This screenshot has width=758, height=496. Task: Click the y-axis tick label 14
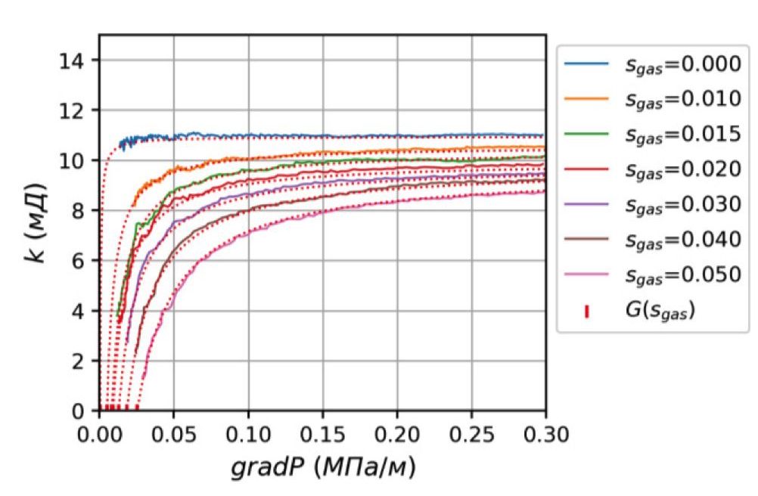(75, 60)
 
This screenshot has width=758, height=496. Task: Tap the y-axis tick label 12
(75, 110)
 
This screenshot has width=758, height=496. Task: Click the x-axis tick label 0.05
(173, 436)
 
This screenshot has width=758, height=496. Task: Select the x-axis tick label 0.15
(322, 436)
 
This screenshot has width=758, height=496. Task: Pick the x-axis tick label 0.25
(471, 436)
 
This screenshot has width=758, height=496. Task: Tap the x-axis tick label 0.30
(545, 436)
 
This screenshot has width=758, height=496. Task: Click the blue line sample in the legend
(586, 65)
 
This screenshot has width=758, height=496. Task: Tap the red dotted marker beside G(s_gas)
(586, 309)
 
